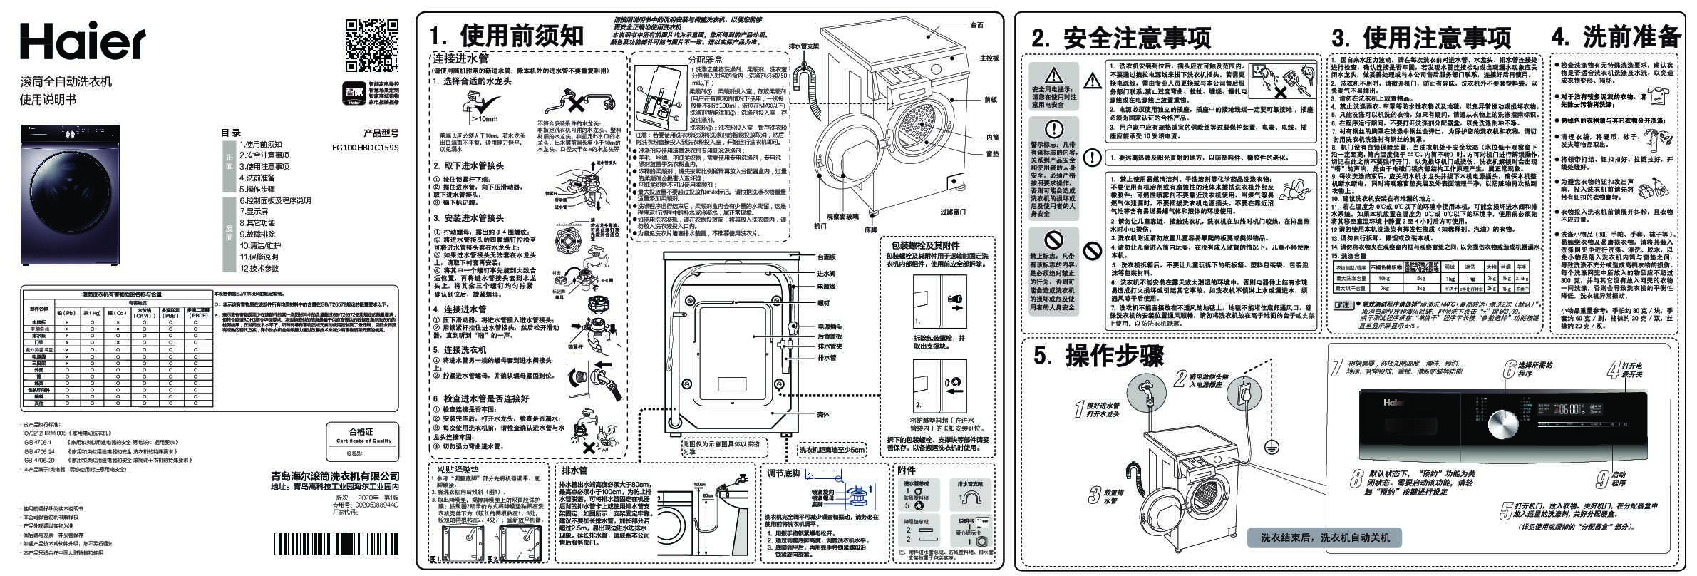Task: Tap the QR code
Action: (371, 47)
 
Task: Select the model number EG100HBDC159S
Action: (366, 148)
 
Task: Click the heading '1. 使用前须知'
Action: (507, 35)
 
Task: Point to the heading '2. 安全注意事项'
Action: (1121, 38)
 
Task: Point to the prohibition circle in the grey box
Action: (1052, 239)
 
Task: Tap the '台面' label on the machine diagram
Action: (976, 26)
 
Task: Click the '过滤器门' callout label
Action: (952, 212)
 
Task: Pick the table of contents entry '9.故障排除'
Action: (257, 234)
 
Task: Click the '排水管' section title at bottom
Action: (574, 470)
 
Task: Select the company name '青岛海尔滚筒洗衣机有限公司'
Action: (335, 476)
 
